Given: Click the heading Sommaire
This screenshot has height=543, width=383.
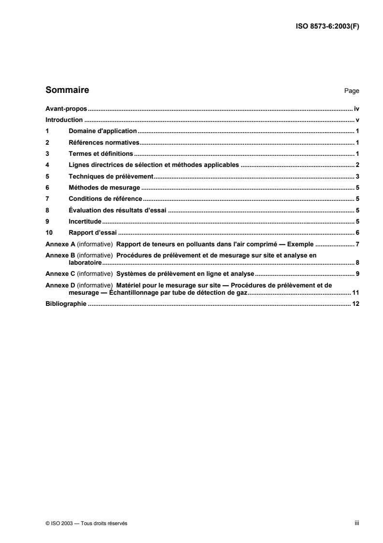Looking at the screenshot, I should [67, 90].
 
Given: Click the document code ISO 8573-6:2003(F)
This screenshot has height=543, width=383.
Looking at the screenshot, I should [327, 27].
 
